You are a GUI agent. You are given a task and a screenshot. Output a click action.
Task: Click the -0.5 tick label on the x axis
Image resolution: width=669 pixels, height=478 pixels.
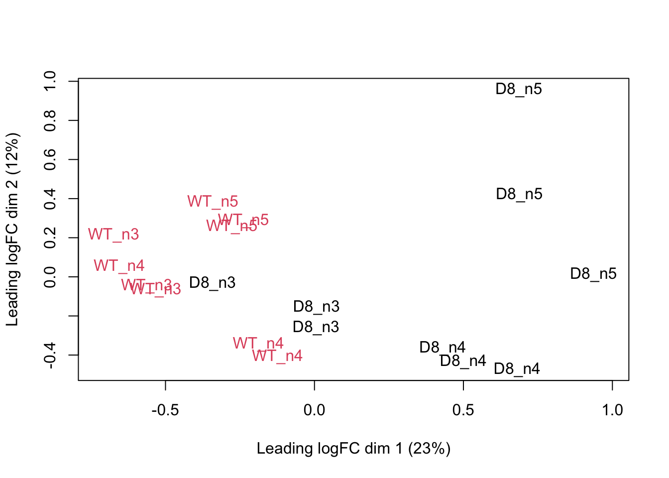tap(165, 410)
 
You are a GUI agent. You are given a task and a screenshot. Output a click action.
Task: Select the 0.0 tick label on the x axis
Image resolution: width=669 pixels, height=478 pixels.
tap(314, 410)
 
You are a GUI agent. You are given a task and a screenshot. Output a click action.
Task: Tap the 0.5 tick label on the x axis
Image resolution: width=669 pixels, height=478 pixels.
tap(463, 410)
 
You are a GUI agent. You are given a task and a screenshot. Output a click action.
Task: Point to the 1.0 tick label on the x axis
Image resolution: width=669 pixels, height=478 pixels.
tap(612, 410)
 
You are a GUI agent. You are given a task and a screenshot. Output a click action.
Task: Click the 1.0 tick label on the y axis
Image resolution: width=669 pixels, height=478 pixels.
tap(50, 81)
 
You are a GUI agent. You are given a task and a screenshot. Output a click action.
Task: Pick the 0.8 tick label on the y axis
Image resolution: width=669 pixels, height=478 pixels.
tap(50, 120)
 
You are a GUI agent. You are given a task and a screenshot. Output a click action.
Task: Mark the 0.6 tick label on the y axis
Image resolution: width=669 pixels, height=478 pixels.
tap(50, 159)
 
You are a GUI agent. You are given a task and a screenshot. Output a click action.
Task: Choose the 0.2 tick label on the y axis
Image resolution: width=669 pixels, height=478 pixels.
tap(50, 238)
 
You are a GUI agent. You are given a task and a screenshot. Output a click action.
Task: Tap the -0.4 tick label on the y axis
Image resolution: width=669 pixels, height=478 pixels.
tap(50, 355)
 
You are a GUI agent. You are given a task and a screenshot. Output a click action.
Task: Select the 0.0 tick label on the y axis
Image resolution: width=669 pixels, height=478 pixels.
tap(50, 277)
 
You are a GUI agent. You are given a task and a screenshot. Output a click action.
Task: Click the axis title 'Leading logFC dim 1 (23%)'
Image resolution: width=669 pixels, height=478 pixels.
tap(353, 449)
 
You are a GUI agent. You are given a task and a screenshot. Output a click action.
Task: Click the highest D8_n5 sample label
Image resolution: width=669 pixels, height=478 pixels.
tap(519, 89)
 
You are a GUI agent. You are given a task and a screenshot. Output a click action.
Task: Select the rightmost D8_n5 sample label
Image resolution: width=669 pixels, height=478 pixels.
tap(593, 274)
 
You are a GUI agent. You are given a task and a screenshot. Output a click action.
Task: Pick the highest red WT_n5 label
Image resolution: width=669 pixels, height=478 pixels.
tap(213, 202)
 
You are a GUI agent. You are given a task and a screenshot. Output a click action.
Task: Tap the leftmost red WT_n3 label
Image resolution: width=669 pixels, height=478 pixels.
tap(113, 234)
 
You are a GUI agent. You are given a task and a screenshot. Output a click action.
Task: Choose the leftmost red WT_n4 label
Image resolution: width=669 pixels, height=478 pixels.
tap(119, 266)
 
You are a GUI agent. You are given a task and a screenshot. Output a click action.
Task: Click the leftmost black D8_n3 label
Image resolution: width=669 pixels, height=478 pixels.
tap(213, 283)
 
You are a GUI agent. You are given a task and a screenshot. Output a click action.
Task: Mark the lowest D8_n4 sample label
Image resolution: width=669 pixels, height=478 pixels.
tap(517, 369)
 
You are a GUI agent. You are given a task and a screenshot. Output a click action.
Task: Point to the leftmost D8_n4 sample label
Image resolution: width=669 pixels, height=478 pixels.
tap(443, 348)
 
